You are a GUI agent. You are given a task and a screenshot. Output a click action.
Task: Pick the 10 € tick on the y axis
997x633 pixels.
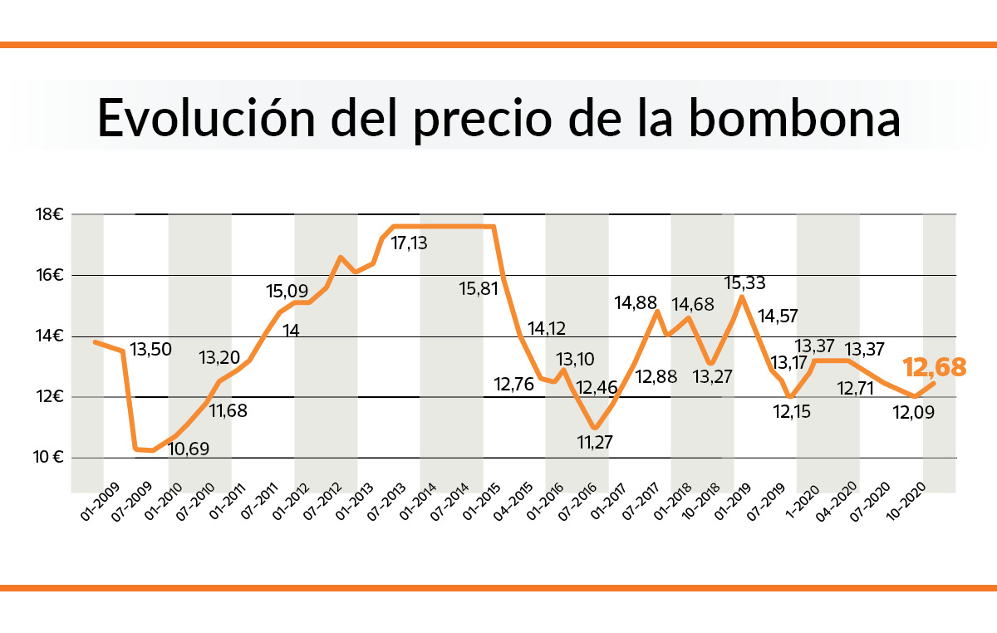51,458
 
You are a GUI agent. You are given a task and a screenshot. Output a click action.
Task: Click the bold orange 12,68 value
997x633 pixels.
935,367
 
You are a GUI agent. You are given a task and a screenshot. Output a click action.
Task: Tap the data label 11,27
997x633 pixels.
594,443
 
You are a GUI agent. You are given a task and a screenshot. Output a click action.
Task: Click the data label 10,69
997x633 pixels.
189,449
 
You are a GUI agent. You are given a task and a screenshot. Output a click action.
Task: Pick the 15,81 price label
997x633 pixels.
480,289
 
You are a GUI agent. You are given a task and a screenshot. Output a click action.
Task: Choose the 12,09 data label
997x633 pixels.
914,412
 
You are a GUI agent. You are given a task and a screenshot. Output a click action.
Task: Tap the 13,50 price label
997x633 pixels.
151,349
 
